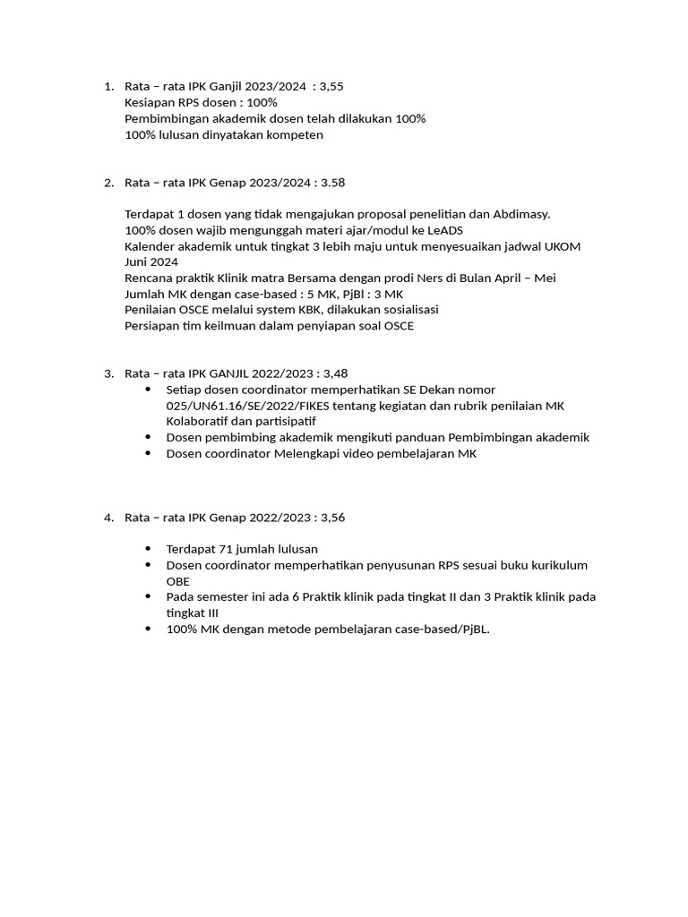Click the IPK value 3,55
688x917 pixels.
click(331, 87)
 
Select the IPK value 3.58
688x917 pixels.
click(332, 183)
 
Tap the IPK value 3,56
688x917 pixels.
click(332, 518)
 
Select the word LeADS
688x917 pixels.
click(446, 230)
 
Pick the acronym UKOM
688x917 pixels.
click(574, 246)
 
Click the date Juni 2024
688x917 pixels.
click(151, 262)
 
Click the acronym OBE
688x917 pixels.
click(179, 581)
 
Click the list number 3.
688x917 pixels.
click(107, 373)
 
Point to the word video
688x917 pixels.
click(358, 454)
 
